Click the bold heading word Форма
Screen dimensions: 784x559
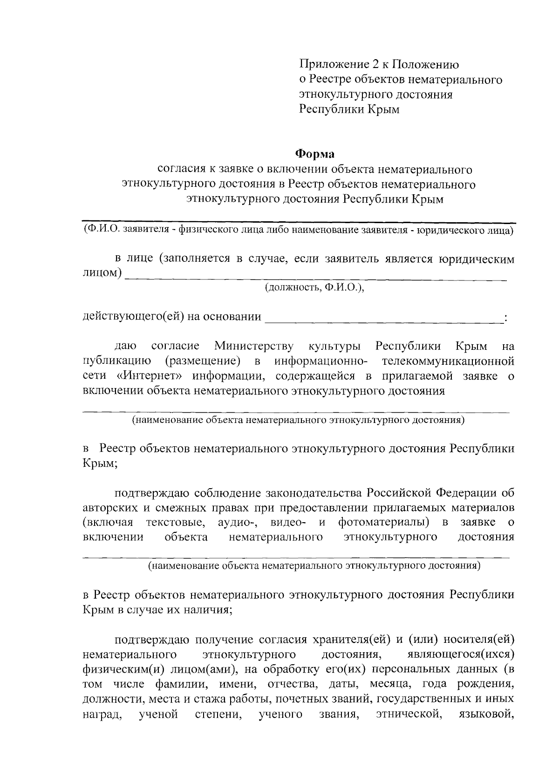point(316,153)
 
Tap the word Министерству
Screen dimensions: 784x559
point(254,346)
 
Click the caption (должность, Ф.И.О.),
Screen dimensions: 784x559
point(314,287)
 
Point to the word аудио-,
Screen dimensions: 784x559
point(238,522)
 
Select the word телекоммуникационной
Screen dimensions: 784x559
point(448,361)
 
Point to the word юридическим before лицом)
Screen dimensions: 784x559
point(477,259)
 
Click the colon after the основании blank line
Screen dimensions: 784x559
point(506,318)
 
